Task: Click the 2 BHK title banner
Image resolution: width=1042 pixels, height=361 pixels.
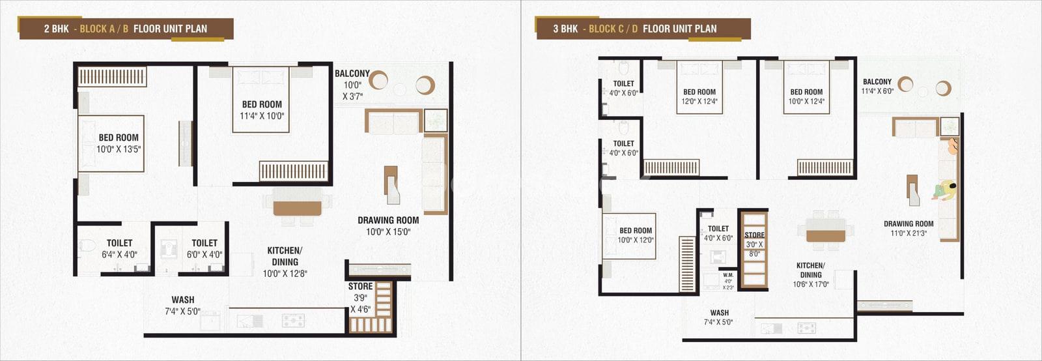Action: coord(126,29)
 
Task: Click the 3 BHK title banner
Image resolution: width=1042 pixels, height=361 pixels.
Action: coord(643,29)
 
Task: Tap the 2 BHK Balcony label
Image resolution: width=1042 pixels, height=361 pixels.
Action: coord(352,74)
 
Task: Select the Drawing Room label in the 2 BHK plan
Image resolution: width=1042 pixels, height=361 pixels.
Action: coord(388,220)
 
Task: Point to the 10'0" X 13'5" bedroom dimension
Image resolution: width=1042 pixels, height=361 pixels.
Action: coord(119,149)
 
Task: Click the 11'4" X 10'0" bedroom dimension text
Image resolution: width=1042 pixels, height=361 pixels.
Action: coord(262,116)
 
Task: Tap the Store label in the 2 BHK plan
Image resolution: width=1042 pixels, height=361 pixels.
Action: coord(361,287)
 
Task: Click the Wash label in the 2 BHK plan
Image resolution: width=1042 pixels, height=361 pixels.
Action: coord(183,300)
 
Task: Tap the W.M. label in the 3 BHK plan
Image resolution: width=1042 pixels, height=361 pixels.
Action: coord(728,275)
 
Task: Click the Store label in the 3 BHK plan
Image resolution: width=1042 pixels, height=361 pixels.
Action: coord(755,235)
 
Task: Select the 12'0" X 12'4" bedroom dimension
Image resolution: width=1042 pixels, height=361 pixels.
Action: coord(699,102)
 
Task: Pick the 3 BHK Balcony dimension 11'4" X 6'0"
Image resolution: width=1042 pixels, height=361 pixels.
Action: coord(877,91)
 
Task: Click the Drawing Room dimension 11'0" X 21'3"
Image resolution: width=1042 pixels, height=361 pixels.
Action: coord(908,233)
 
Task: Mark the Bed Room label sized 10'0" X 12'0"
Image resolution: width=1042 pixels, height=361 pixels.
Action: coord(636,231)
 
